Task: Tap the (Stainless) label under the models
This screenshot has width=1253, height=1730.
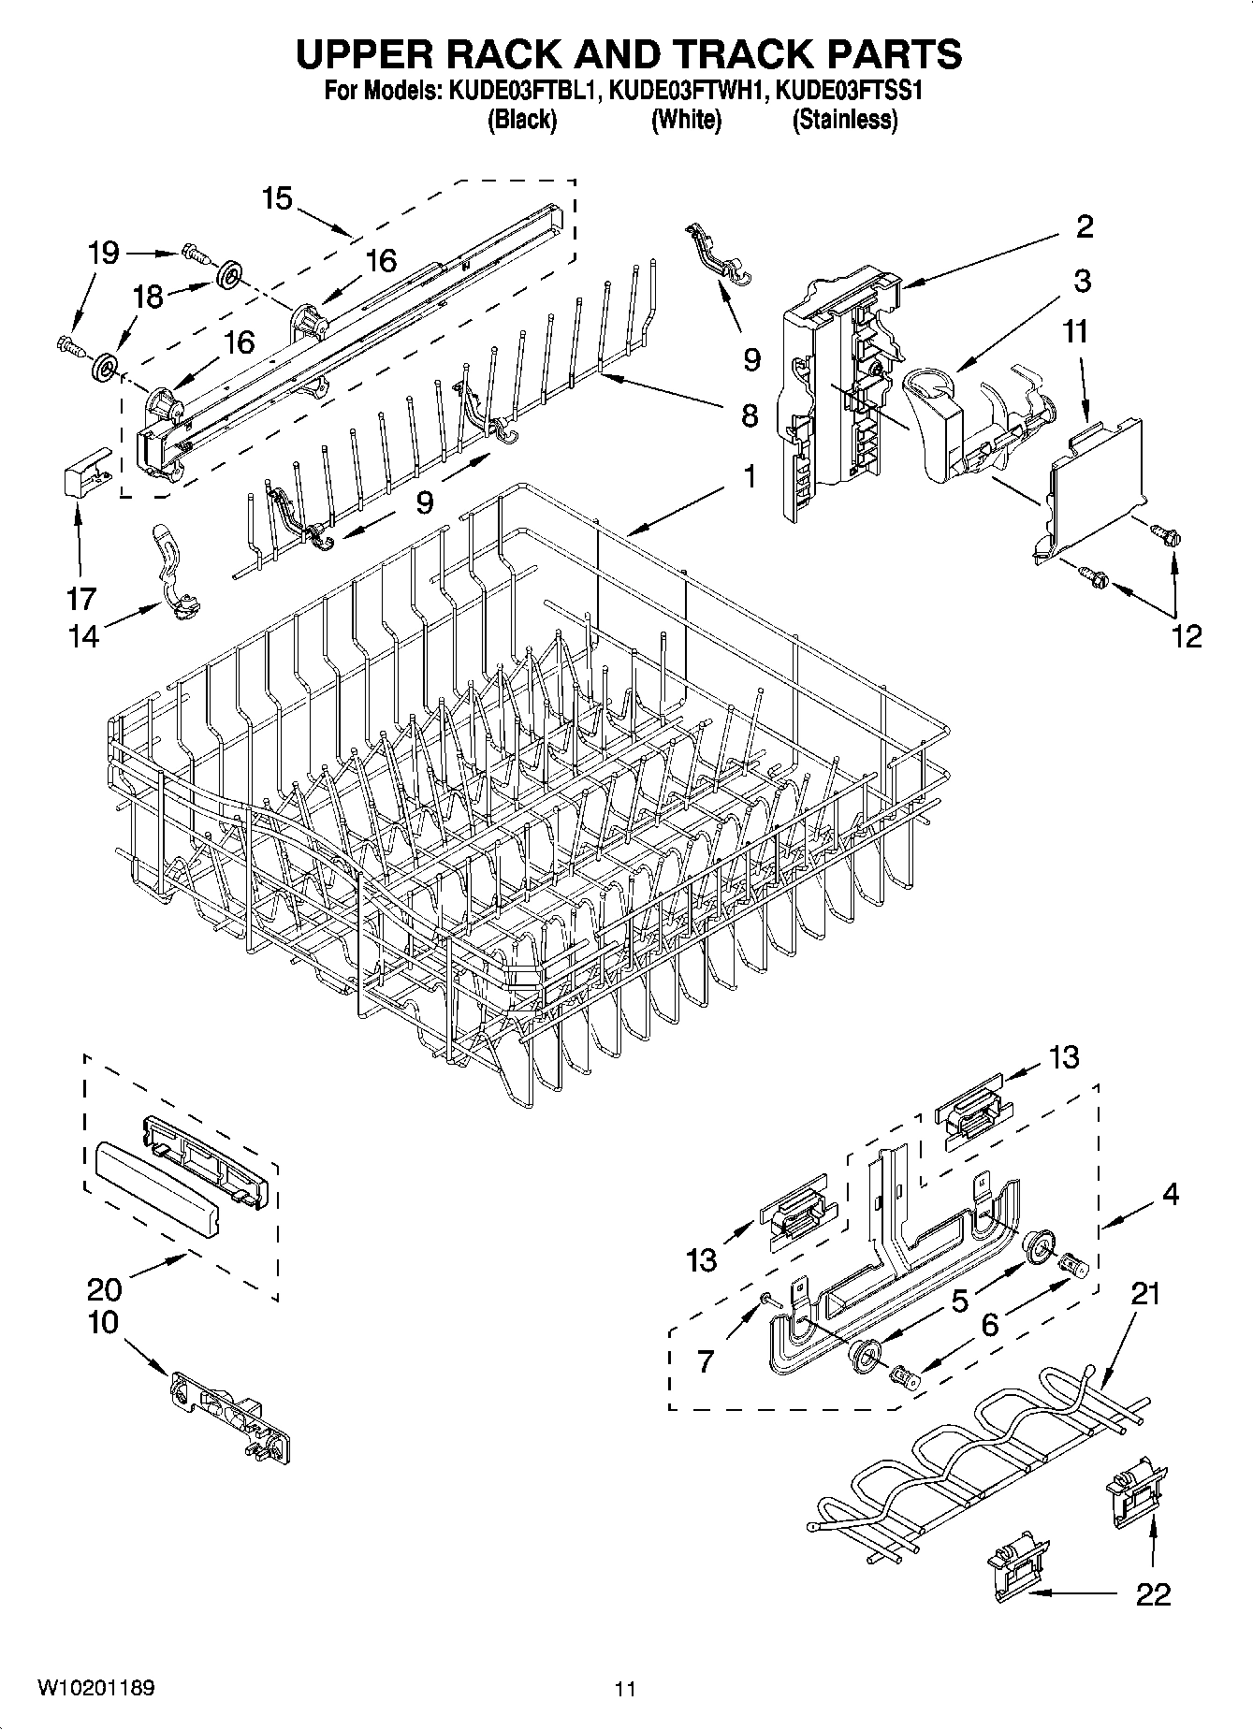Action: (x=845, y=120)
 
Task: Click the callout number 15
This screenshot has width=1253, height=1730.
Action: (x=277, y=198)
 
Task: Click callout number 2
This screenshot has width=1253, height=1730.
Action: (x=1084, y=226)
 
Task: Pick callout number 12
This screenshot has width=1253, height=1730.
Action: (x=1185, y=636)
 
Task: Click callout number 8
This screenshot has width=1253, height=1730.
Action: (x=749, y=415)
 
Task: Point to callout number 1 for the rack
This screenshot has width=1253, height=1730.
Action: (x=749, y=476)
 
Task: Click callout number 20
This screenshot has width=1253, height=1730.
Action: (x=104, y=1289)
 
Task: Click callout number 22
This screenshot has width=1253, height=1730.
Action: (x=1153, y=1594)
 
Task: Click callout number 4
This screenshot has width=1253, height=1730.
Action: (x=1170, y=1194)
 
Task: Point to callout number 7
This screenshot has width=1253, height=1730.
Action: (x=705, y=1360)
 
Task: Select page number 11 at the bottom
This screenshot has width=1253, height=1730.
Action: (x=625, y=1688)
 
